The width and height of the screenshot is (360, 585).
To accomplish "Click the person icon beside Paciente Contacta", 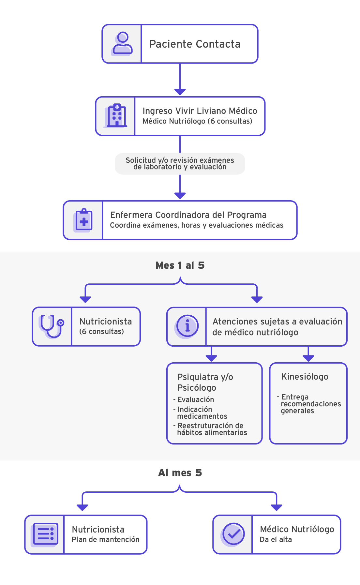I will [122, 44].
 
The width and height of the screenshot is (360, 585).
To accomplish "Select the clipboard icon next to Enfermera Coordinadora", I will [84, 220].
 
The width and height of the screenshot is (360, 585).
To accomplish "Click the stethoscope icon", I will [52, 326].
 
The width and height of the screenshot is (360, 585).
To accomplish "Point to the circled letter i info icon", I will [187, 326].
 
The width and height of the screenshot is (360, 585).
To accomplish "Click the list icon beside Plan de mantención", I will [45, 534].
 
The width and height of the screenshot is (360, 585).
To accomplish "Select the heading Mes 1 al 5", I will [180, 265].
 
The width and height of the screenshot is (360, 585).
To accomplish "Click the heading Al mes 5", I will [180, 473].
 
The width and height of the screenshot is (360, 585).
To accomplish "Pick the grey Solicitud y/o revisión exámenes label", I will [180, 164].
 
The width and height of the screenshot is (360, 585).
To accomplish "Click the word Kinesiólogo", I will [305, 377].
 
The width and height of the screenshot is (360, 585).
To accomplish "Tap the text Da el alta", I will [276, 540].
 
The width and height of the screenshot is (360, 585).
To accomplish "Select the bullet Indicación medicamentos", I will [202, 413].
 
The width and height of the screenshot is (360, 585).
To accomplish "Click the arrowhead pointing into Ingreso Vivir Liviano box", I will [180, 92].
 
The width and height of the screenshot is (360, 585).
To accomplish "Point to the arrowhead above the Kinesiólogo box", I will [308, 358].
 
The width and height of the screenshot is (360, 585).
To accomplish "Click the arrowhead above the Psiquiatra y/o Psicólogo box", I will [211, 358].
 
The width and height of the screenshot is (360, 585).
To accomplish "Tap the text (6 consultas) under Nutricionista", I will [101, 332].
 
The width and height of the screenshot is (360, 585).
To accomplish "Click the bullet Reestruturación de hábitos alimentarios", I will [211, 429].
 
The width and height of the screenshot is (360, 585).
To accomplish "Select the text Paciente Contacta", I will [195, 44].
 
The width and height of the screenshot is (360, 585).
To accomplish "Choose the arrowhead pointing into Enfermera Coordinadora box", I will [180, 195].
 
